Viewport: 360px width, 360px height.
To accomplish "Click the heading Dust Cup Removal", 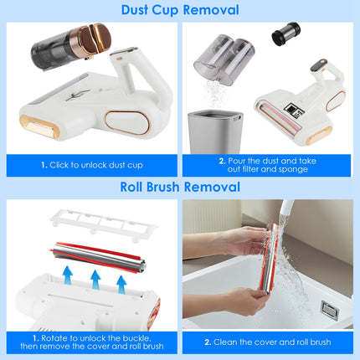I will tap(180, 11).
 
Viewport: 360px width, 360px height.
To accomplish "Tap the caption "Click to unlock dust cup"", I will tap(92, 165).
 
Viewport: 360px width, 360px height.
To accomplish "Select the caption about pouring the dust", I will tap(270, 165).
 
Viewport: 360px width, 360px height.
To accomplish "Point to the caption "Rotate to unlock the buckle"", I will tap(92, 341).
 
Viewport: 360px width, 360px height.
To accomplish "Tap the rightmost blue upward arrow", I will tap(121, 286).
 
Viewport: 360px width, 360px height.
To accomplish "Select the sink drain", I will tap(329, 311).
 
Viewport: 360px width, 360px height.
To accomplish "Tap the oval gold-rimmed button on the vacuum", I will tap(138, 121).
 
